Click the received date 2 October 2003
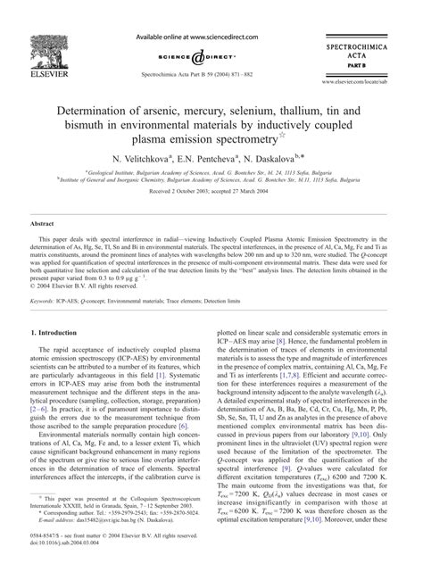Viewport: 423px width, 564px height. point(179,190)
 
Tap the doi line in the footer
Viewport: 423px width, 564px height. point(79,554)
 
